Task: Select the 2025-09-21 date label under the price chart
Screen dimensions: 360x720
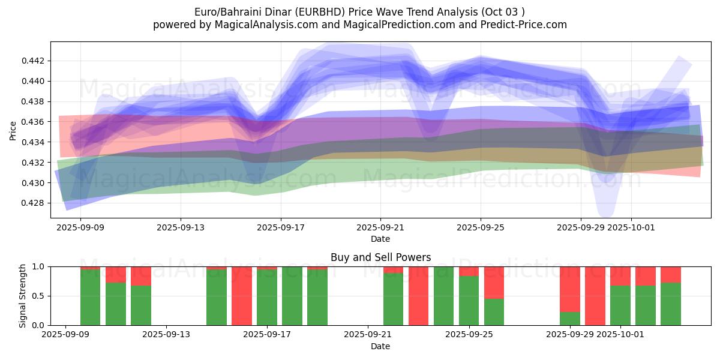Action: pos(380,228)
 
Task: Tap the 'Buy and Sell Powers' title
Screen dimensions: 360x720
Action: pos(380,257)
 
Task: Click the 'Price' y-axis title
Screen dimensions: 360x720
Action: pos(13,130)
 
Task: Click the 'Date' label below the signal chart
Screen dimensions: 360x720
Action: pos(380,346)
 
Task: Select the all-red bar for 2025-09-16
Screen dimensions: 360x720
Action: pos(242,296)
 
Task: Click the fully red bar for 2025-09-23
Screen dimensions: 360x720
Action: pos(418,296)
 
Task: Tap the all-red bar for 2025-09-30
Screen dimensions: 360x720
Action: pos(595,296)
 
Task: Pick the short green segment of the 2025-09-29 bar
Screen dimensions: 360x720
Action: pos(570,319)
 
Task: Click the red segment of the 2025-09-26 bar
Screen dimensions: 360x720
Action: pos(494,282)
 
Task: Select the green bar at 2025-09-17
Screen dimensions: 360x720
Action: pos(267,298)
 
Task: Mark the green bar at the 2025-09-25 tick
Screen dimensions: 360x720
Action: pos(469,301)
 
